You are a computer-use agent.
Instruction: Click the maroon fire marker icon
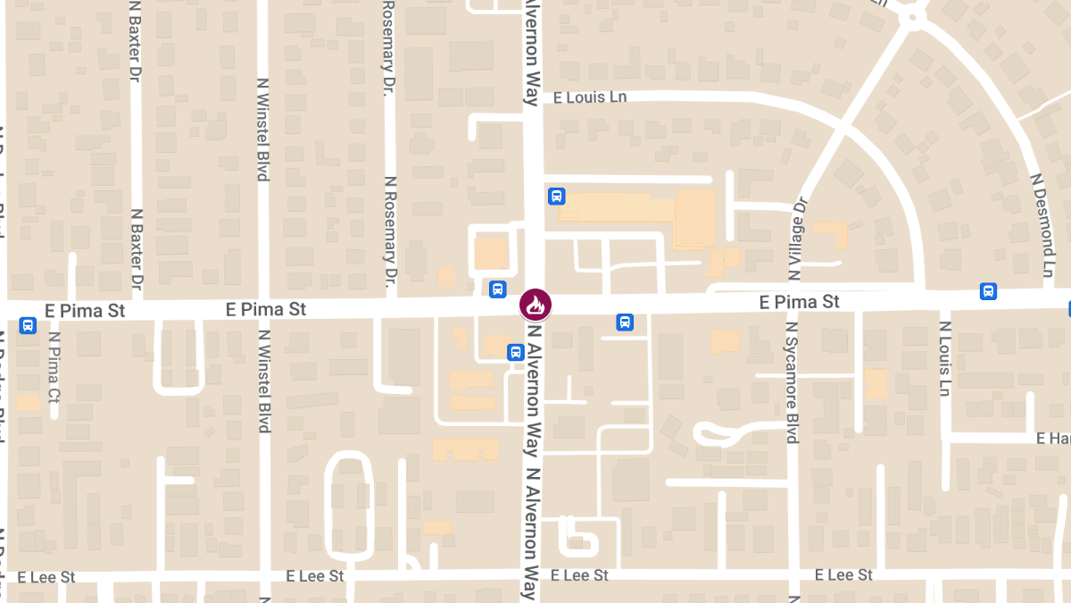[x=535, y=305]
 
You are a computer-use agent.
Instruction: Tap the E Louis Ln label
[x=591, y=97]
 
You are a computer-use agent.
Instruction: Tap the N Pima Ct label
[x=54, y=367]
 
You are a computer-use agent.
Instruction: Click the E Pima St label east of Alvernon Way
[x=799, y=302]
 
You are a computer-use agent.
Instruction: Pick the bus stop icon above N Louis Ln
[x=988, y=291]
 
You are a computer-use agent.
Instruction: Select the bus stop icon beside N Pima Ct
[x=28, y=326]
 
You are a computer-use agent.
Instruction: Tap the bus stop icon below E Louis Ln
[x=556, y=196]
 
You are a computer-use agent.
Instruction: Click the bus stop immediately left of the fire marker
[x=497, y=289]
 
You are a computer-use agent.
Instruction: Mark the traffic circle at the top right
[x=912, y=15]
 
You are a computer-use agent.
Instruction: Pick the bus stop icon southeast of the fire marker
[x=625, y=322]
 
